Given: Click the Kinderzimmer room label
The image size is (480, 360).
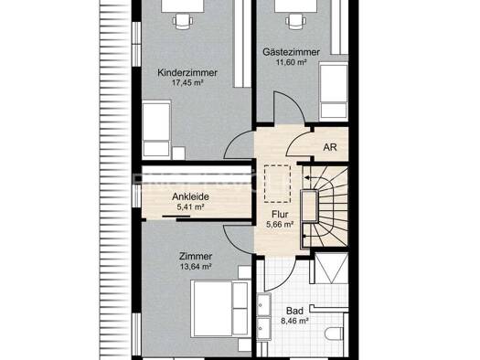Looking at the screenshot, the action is [187, 73].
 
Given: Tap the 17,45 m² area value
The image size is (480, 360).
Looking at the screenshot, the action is [187, 82].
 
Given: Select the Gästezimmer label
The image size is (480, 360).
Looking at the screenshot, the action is [291, 52].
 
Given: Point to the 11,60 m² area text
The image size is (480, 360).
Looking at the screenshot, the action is [291, 62].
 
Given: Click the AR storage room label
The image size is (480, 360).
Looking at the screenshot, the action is [330, 147].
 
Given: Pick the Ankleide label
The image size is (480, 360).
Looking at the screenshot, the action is [190, 196].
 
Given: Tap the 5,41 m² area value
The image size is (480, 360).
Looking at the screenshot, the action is [190, 206].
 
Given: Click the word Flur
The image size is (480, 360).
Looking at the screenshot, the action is [280, 215].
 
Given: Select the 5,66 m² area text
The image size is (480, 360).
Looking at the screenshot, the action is [280, 225].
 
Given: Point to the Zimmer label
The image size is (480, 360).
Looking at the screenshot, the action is [196, 257].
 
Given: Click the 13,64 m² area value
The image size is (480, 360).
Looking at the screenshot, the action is [196, 267].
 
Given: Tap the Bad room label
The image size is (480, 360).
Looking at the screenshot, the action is [294, 311].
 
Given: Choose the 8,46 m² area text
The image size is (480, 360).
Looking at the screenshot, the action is [294, 321].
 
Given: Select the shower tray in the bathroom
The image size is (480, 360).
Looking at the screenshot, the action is [331, 268].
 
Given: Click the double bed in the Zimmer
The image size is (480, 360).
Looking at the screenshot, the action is [220, 308].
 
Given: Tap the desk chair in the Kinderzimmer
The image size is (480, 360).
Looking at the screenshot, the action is [183, 21].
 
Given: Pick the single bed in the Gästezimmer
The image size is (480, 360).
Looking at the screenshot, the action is [334, 91].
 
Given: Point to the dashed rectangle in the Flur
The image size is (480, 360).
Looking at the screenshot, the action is [277, 184].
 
